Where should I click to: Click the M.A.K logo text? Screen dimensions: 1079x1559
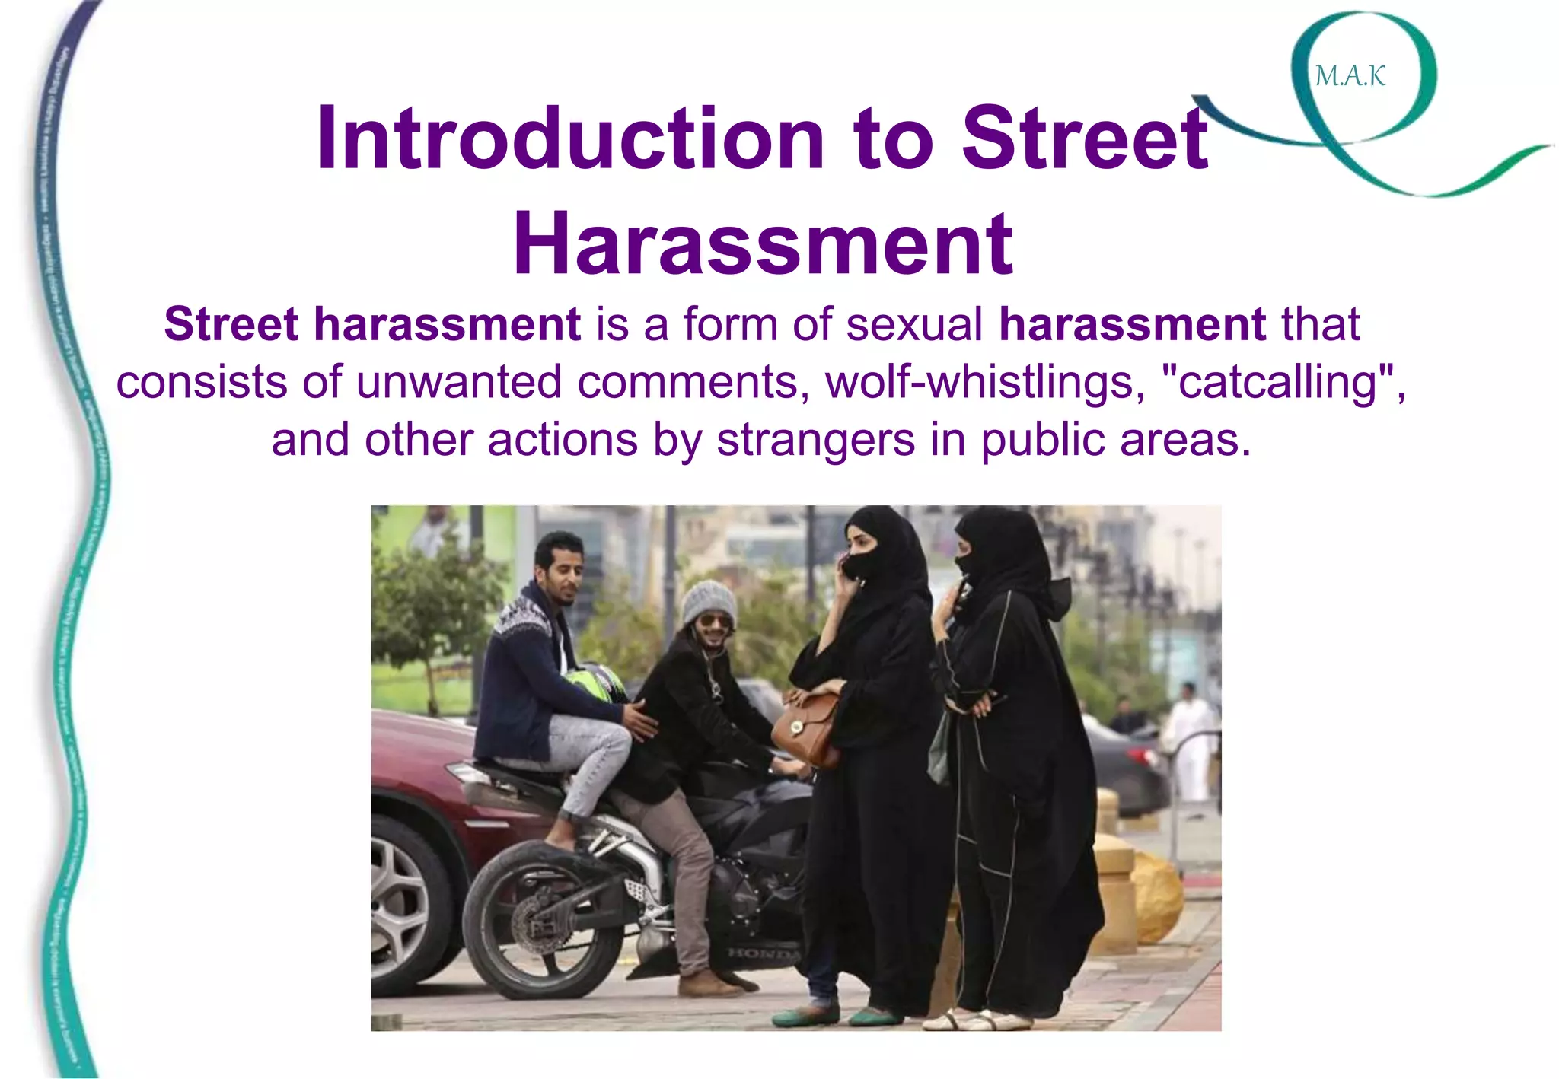[x=1350, y=76]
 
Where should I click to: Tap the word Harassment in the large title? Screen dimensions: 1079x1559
[x=763, y=245]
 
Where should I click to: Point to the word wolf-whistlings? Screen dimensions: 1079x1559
[x=985, y=382]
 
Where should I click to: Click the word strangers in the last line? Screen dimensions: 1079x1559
[x=815, y=440]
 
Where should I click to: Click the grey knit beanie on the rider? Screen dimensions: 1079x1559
[x=708, y=601]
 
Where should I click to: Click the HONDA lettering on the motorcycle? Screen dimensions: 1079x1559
[x=764, y=953]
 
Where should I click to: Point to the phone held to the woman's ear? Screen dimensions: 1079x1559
[x=847, y=567]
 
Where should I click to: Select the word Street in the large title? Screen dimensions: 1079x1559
[x=1085, y=138]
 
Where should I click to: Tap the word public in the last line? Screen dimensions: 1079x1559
[x=1041, y=440]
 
